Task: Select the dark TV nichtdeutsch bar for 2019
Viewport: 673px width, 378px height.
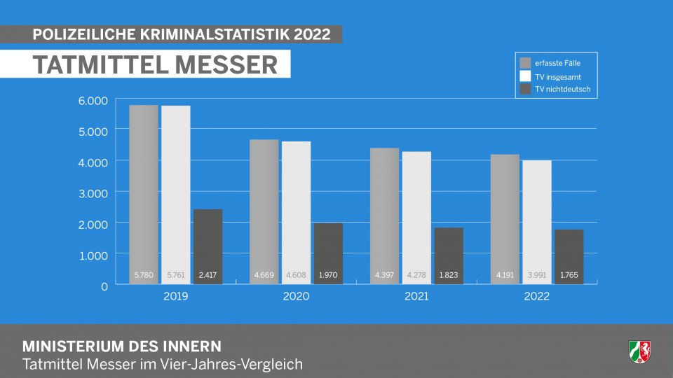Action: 208,238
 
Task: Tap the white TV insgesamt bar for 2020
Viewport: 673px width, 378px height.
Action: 296,203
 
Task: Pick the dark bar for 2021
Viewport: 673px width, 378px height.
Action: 449,248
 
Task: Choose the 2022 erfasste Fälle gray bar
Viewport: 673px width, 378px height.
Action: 505,210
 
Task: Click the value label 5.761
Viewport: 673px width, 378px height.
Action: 175,276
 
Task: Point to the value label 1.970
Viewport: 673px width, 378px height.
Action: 328,276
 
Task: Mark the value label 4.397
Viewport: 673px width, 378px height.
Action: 384,276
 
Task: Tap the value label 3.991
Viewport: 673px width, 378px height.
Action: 536,276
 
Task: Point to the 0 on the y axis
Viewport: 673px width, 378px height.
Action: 104,286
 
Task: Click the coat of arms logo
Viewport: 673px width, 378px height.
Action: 639,351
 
